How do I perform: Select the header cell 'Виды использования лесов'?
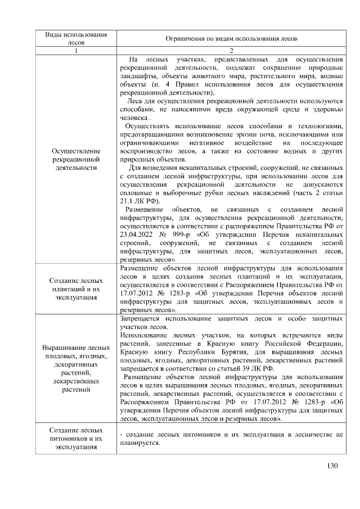[75, 38]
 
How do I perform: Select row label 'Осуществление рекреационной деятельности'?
[75, 159]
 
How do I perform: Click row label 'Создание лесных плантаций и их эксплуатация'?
[75, 289]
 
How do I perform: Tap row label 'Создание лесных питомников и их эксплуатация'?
[75, 438]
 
